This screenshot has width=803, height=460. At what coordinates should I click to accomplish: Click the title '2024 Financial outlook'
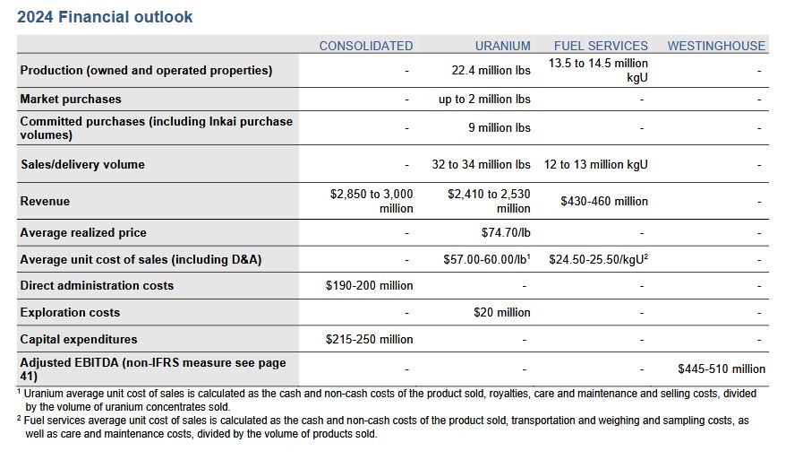(106, 17)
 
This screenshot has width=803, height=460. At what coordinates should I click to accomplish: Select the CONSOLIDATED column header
(366, 46)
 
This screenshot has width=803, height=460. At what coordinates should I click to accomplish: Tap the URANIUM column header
(502, 46)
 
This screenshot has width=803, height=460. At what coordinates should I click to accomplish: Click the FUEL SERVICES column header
(601, 46)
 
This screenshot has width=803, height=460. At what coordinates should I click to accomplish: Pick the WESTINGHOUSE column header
(716, 46)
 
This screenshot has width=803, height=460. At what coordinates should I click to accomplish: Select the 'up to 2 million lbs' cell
(484, 100)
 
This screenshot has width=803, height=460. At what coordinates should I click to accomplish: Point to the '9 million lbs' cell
(499, 127)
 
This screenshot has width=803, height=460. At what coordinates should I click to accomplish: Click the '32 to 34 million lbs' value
(481, 164)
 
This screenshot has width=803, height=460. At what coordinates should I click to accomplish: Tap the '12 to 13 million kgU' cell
(595, 164)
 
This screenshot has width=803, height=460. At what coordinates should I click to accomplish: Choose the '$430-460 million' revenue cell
(604, 201)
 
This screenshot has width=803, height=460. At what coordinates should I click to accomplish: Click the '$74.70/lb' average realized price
(506, 232)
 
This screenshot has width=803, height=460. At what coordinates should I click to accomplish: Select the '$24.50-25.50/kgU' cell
(598, 259)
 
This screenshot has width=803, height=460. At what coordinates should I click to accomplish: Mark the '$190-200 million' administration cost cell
(369, 285)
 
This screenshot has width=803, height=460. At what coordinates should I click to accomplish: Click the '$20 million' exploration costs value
(501, 312)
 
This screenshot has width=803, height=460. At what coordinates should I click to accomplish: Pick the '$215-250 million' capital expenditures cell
(369, 339)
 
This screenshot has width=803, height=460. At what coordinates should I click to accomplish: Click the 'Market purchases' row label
(71, 100)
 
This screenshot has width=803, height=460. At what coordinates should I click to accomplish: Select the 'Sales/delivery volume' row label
(82, 164)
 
